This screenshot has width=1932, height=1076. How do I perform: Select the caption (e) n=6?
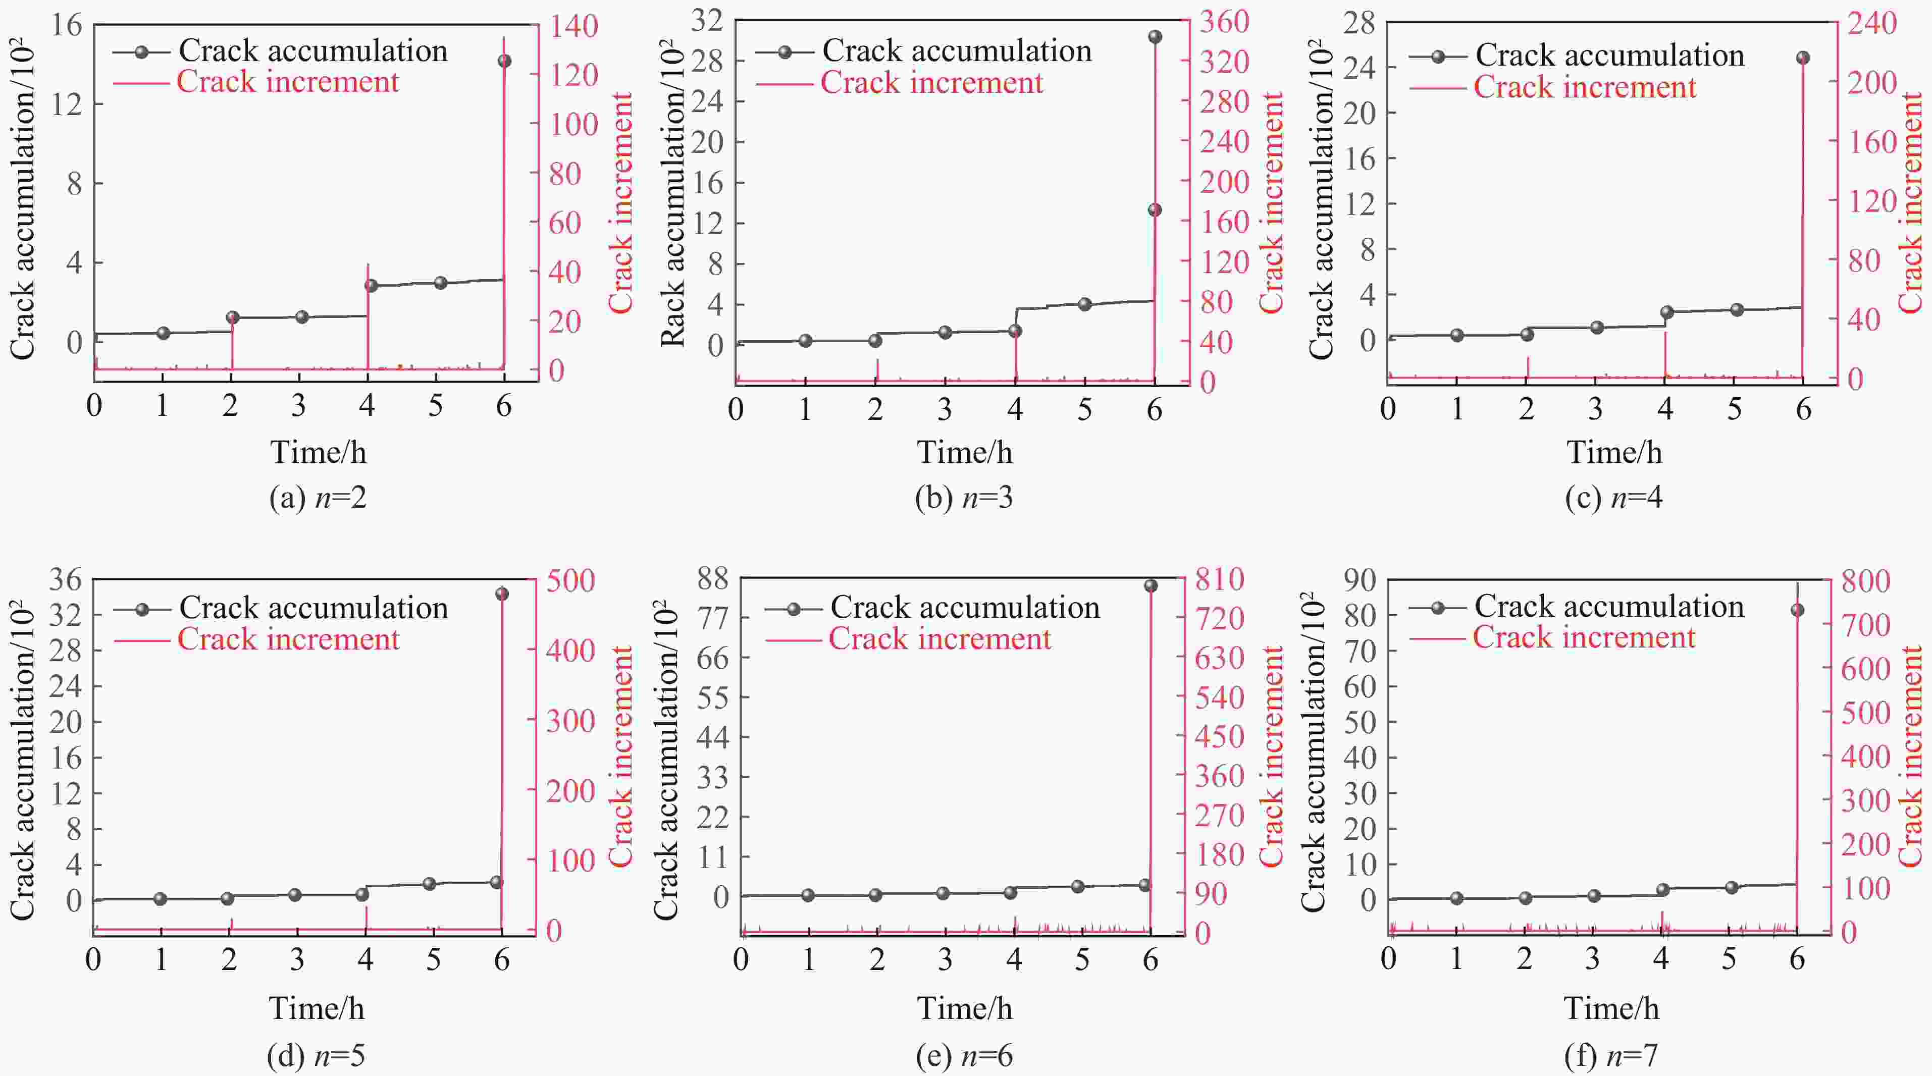(x=965, y=1056)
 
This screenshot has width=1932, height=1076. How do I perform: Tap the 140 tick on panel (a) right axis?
(x=574, y=26)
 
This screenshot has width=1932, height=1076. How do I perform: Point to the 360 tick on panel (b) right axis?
(x=1224, y=21)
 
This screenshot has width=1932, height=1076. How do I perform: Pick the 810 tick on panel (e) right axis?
(x=1220, y=579)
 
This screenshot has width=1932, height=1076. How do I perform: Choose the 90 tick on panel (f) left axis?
(x=1360, y=579)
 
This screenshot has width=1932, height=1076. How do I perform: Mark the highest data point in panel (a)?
(x=505, y=61)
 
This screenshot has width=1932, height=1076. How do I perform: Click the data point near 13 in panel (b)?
(x=1155, y=210)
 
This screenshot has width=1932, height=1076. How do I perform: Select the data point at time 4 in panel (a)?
(x=371, y=285)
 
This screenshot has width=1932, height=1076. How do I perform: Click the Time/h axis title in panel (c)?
(x=1614, y=452)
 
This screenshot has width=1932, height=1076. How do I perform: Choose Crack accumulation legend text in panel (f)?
(x=1609, y=607)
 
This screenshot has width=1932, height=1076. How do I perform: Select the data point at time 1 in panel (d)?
(x=161, y=899)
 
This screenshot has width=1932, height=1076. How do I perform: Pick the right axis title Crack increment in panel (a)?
(x=621, y=202)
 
